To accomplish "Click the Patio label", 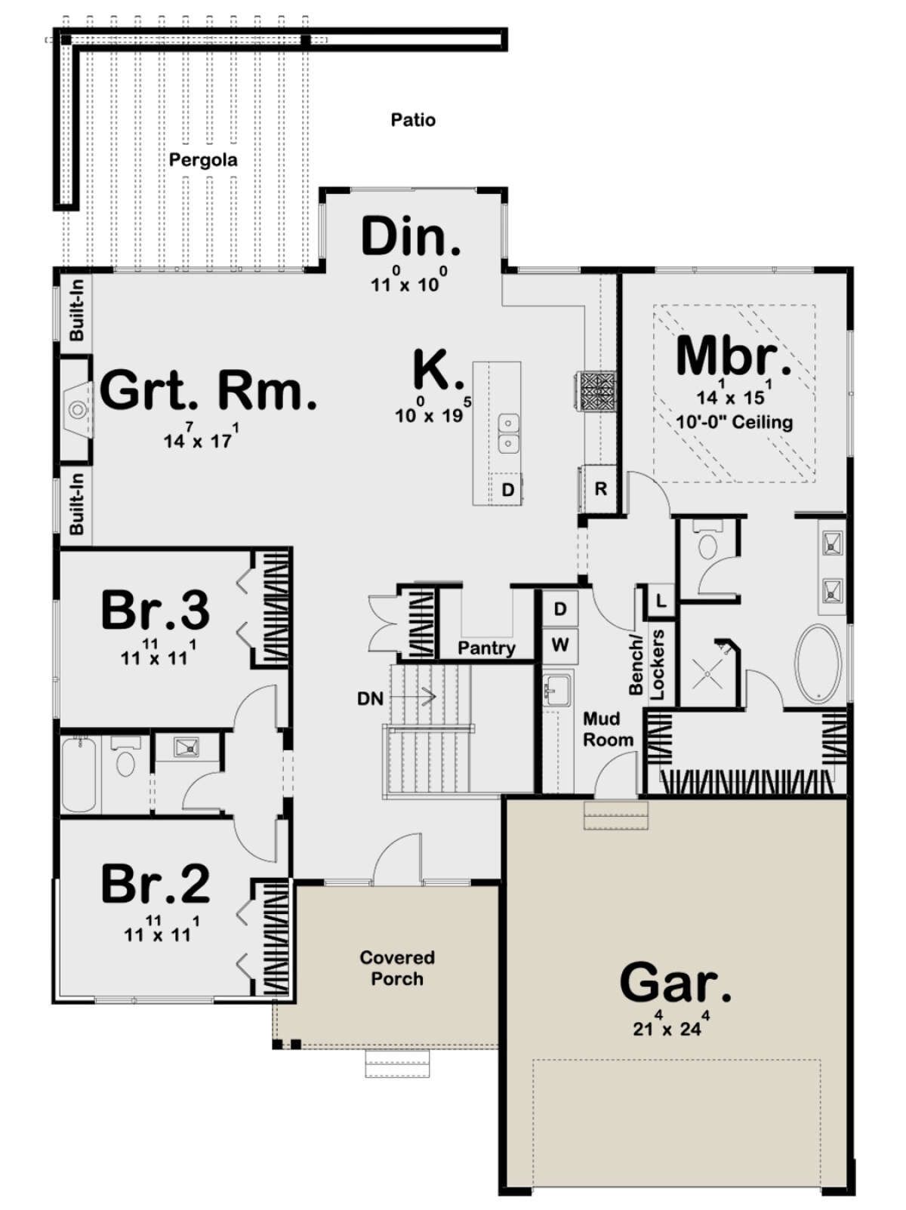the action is [x=413, y=120].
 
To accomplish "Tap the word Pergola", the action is [x=203, y=161].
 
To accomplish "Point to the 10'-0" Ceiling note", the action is [x=734, y=423].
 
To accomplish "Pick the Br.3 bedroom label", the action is [x=156, y=610].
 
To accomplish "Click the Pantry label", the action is [x=486, y=648].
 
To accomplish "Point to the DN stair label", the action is [x=370, y=699].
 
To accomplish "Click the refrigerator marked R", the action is [x=600, y=488].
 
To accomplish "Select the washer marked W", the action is [x=560, y=645].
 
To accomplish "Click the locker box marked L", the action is [x=661, y=599].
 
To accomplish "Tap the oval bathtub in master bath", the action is [x=818, y=665].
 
